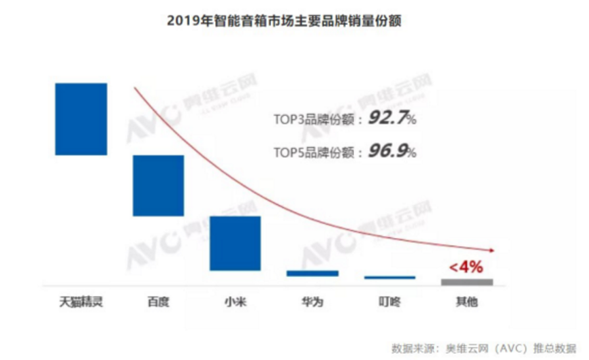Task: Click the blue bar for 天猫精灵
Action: [x=81, y=119]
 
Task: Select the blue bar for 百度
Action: [x=158, y=185]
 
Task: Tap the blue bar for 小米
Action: [x=235, y=243]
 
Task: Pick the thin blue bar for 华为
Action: [x=312, y=274]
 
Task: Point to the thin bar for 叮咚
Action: [x=389, y=277]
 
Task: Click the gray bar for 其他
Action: [x=466, y=281]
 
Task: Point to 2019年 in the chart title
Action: [x=185, y=21]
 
